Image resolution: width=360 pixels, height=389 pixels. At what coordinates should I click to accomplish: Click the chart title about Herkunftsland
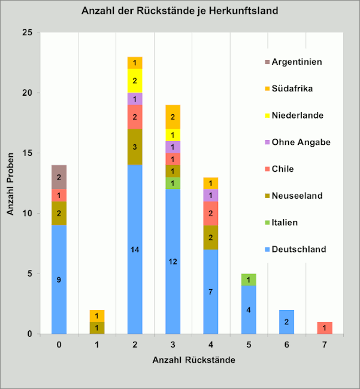180,11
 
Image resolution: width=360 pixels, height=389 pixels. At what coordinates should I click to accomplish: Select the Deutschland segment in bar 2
135,249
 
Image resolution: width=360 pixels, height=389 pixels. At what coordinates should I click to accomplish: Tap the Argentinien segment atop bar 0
59,177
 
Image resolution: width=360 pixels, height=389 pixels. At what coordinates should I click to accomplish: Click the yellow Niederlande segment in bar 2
135,81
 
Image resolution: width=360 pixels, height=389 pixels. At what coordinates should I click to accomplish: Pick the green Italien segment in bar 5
249,279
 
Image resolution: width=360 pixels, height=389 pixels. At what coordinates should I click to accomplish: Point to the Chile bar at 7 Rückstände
324,328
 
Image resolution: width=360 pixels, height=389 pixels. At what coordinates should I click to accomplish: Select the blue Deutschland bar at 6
286,322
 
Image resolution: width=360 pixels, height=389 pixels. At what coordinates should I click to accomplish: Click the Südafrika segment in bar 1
97,315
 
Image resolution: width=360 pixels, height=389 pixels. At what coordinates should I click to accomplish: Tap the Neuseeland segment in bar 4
211,238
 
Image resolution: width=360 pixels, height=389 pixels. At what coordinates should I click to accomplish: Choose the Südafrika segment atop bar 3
173,117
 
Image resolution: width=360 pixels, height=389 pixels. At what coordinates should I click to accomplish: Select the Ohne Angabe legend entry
300,142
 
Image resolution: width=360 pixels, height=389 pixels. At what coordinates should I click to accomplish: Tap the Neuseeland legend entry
297,195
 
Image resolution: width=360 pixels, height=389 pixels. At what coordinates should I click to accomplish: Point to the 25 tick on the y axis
28,32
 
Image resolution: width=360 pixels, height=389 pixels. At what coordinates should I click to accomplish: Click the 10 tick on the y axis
28,214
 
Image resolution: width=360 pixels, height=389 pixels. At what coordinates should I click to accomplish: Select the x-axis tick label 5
249,345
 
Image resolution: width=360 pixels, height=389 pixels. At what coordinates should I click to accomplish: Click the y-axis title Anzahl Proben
10,183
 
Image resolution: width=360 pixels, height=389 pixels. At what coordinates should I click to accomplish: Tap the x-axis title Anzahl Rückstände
193,360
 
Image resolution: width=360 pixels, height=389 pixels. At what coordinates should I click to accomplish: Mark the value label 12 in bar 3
173,262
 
